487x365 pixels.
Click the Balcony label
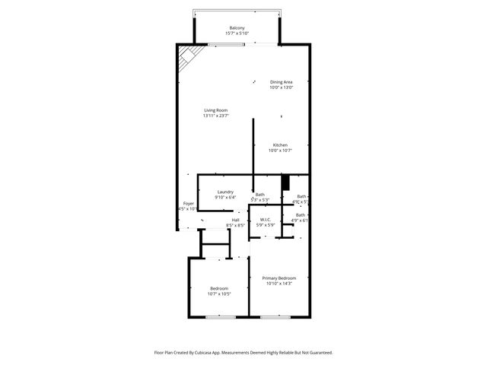coord(237,27)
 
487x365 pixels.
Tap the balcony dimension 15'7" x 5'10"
coord(237,33)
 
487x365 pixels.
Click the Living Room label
coord(215,110)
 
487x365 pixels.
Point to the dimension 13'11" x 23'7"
coord(215,116)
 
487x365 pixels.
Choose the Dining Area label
coord(281,82)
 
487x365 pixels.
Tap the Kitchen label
coord(280,144)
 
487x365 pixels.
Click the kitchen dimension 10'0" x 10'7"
coord(280,151)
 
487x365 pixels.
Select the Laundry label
coord(225,192)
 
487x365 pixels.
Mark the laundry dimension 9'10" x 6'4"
coord(225,198)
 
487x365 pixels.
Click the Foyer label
coord(188,203)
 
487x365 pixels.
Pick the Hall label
coord(235,220)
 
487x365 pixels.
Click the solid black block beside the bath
coord(286,182)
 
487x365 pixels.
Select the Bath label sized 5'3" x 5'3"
coord(260,195)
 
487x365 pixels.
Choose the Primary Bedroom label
coord(279,278)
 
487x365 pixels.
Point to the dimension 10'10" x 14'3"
coord(279,284)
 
